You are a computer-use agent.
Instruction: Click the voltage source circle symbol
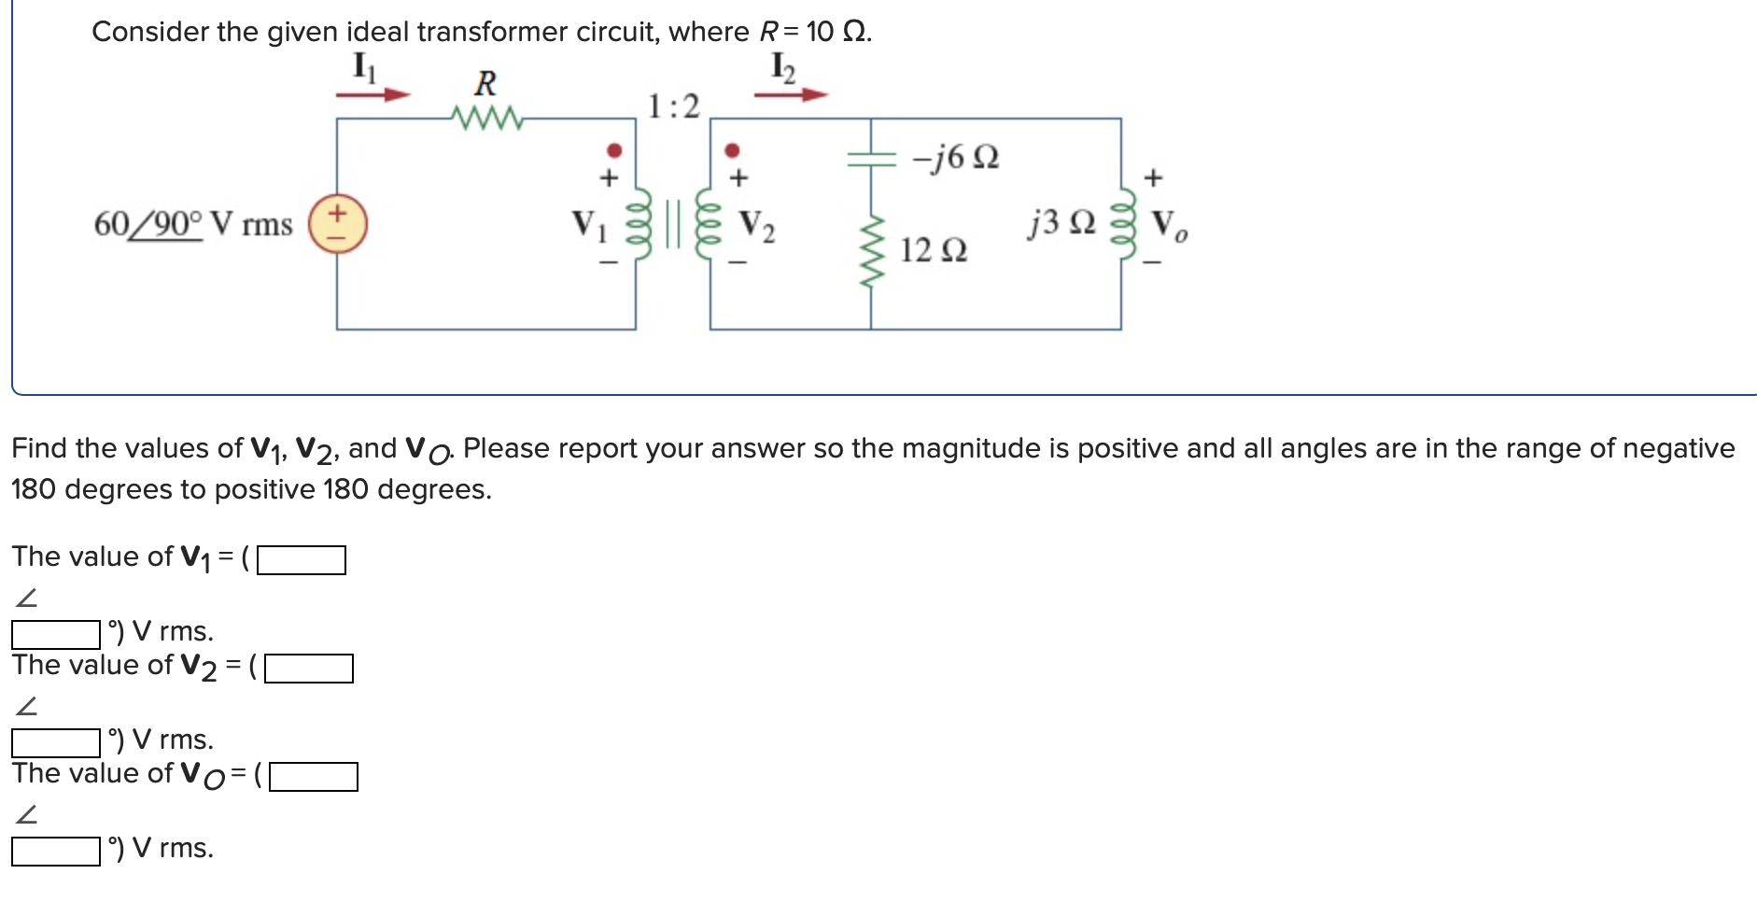[x=337, y=225]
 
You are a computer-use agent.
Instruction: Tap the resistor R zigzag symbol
[x=485, y=119]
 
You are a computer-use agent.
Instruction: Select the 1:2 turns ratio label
[x=673, y=106]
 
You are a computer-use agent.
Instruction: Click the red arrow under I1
[x=373, y=94]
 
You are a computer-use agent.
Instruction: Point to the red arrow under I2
[x=791, y=94]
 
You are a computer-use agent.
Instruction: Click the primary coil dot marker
[x=613, y=150]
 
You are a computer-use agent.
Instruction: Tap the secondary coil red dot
[x=732, y=150]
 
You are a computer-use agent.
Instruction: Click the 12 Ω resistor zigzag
[x=871, y=252]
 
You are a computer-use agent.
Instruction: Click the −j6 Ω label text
[x=955, y=157]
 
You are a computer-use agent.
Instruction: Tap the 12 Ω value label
[x=933, y=250]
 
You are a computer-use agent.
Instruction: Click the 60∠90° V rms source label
[x=192, y=225]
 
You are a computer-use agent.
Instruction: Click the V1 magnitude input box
[x=301, y=560]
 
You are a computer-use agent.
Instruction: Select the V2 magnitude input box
[x=308, y=669]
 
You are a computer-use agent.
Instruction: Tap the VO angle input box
[x=56, y=851]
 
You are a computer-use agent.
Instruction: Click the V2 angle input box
[x=56, y=742]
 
